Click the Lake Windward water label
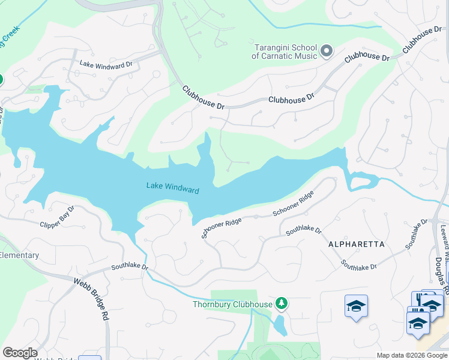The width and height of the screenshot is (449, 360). [x=172, y=188]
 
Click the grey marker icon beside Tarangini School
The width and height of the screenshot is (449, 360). [x=327, y=50]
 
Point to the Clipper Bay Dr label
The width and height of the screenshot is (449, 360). [x=57, y=217]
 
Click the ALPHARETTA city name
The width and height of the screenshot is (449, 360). [x=356, y=244]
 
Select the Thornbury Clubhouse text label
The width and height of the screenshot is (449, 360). [x=232, y=304]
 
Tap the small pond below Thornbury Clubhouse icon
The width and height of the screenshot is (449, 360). [x=279, y=325]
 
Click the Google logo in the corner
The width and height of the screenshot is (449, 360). [x=20, y=353]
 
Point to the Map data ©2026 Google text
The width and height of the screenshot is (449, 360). [x=412, y=355]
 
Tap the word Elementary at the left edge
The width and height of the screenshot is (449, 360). [x=19, y=256]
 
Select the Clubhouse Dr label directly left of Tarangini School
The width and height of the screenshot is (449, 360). [x=203, y=97]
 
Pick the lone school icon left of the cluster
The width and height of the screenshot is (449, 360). [x=356, y=306]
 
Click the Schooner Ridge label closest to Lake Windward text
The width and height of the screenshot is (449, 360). [x=221, y=229]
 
